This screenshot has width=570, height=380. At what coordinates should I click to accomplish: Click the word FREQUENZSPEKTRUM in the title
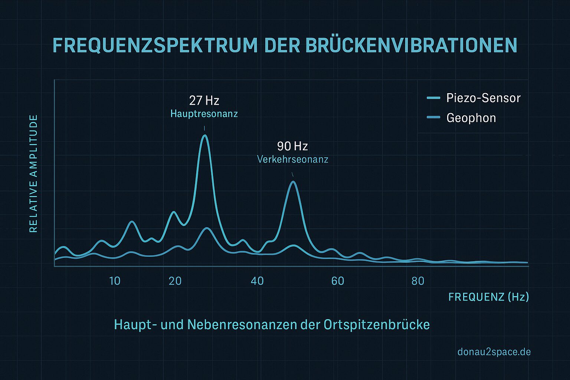point(155,46)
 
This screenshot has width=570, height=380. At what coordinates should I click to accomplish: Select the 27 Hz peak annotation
point(204,101)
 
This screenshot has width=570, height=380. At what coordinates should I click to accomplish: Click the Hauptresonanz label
point(204,114)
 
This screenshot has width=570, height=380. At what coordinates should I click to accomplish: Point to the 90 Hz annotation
point(292,146)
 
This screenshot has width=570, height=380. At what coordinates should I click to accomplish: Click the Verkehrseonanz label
point(292,160)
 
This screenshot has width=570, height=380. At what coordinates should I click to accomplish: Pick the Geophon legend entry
point(471,118)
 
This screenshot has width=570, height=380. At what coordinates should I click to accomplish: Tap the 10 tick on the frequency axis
point(115,281)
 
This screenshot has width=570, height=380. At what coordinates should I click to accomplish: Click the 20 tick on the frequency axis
point(175,281)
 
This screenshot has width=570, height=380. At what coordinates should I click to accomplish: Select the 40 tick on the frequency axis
point(257,281)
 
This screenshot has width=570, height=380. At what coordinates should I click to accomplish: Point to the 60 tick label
point(338,281)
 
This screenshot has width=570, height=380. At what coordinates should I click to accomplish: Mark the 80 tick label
point(418,281)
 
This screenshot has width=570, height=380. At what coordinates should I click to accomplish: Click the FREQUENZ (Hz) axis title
point(488,297)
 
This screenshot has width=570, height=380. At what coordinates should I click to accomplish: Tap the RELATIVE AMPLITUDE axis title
point(33,174)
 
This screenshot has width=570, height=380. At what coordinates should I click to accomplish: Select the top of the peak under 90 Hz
point(293,181)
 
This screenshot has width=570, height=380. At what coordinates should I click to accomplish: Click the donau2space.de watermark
point(494,352)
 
